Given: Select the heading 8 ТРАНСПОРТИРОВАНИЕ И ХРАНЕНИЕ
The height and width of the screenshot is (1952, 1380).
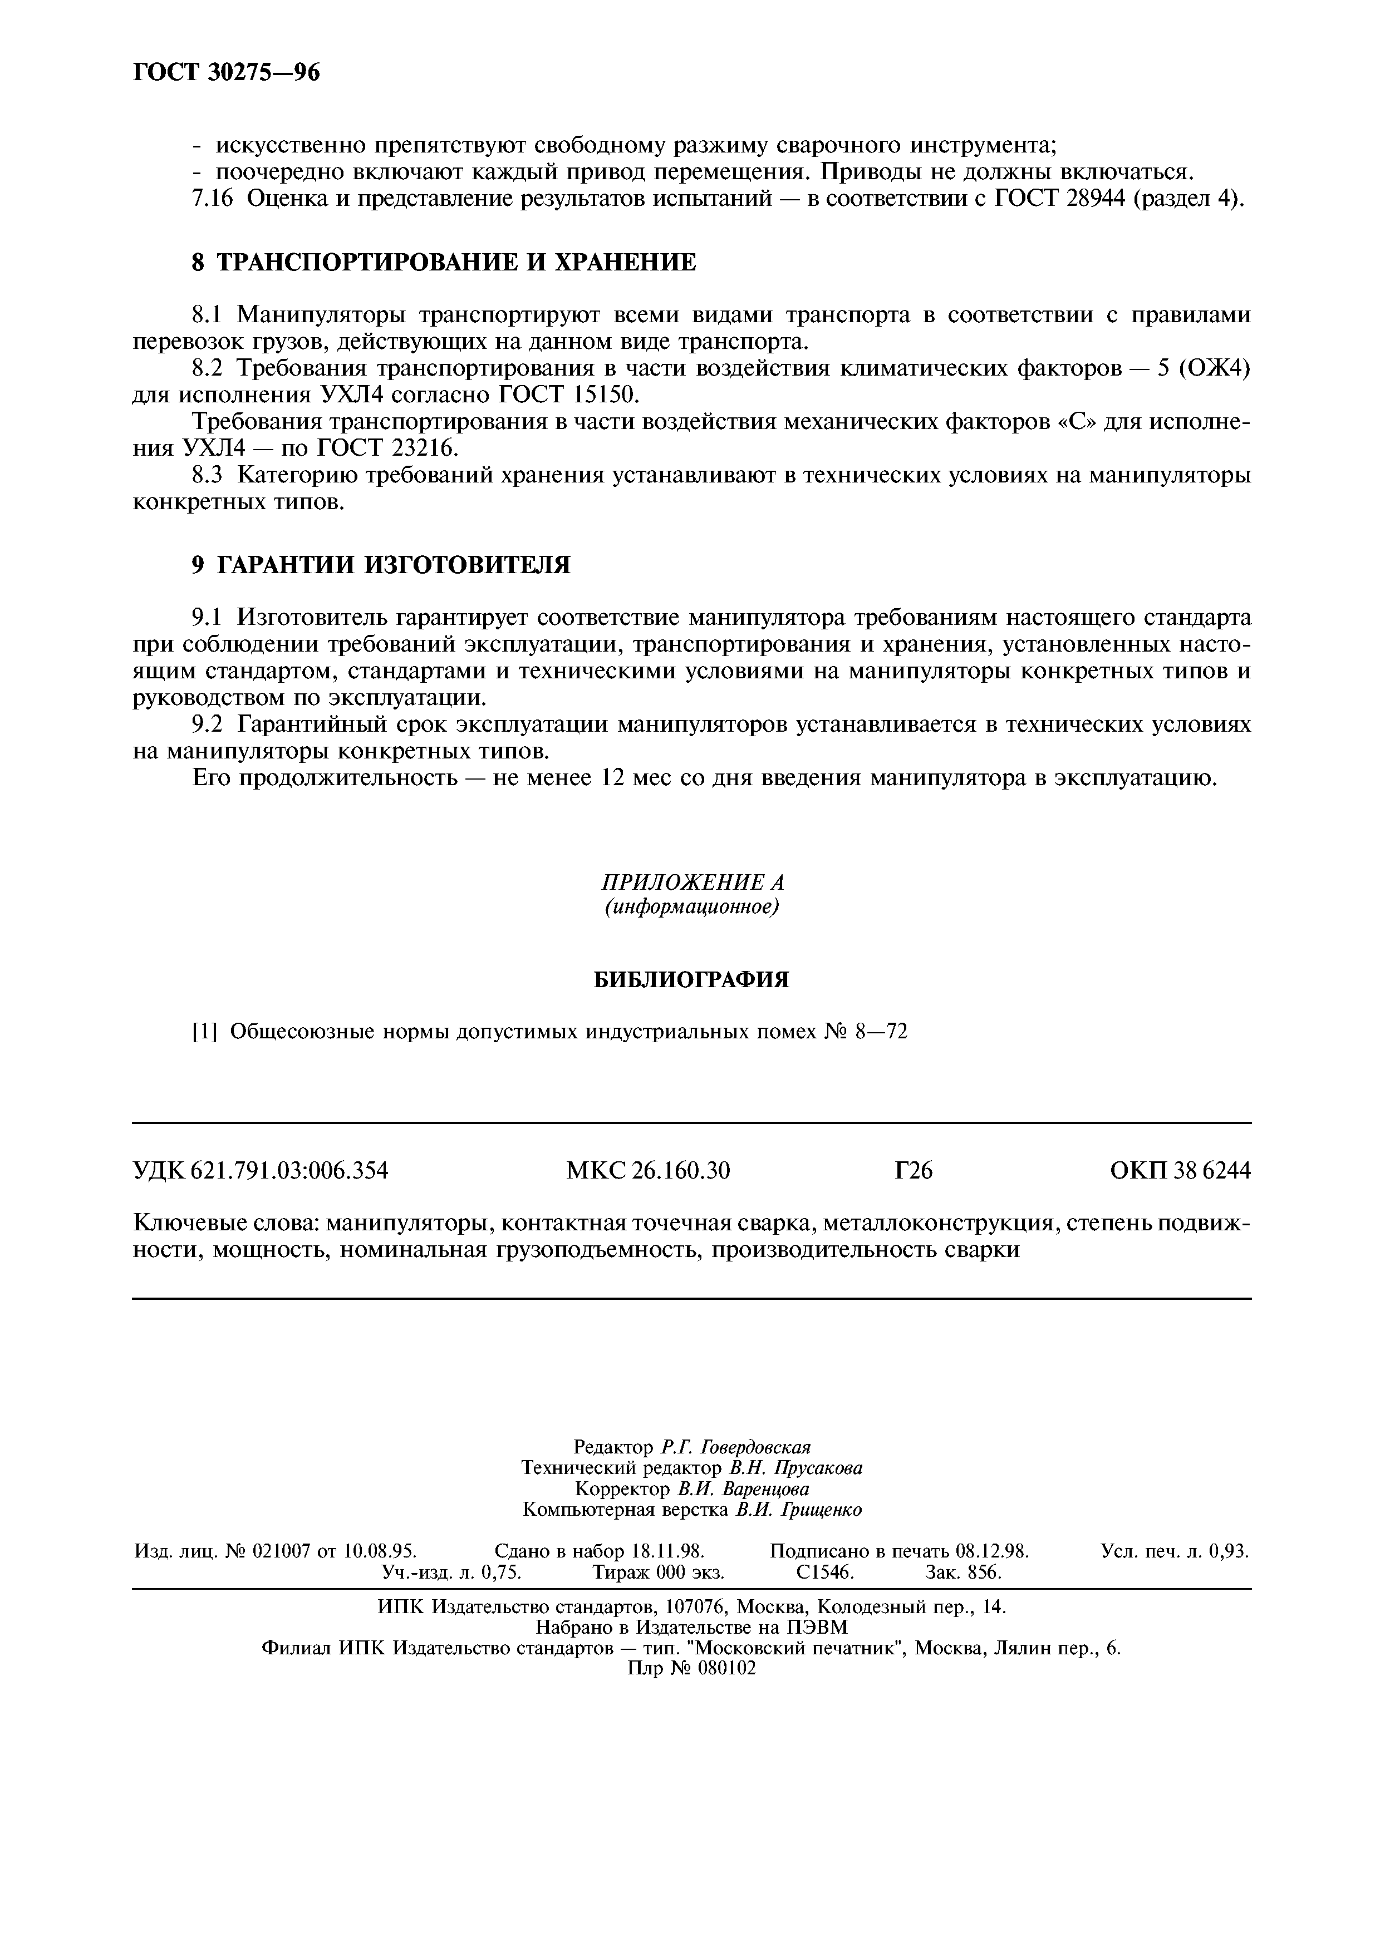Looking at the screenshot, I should (444, 262).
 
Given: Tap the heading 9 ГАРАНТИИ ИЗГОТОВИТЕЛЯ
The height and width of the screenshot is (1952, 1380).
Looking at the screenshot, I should (381, 565).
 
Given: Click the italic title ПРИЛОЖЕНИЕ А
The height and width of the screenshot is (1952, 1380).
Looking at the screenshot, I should (691, 881).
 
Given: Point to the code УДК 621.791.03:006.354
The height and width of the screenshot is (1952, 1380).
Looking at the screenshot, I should (261, 1171).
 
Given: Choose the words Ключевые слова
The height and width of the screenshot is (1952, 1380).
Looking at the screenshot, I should (225, 1224).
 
